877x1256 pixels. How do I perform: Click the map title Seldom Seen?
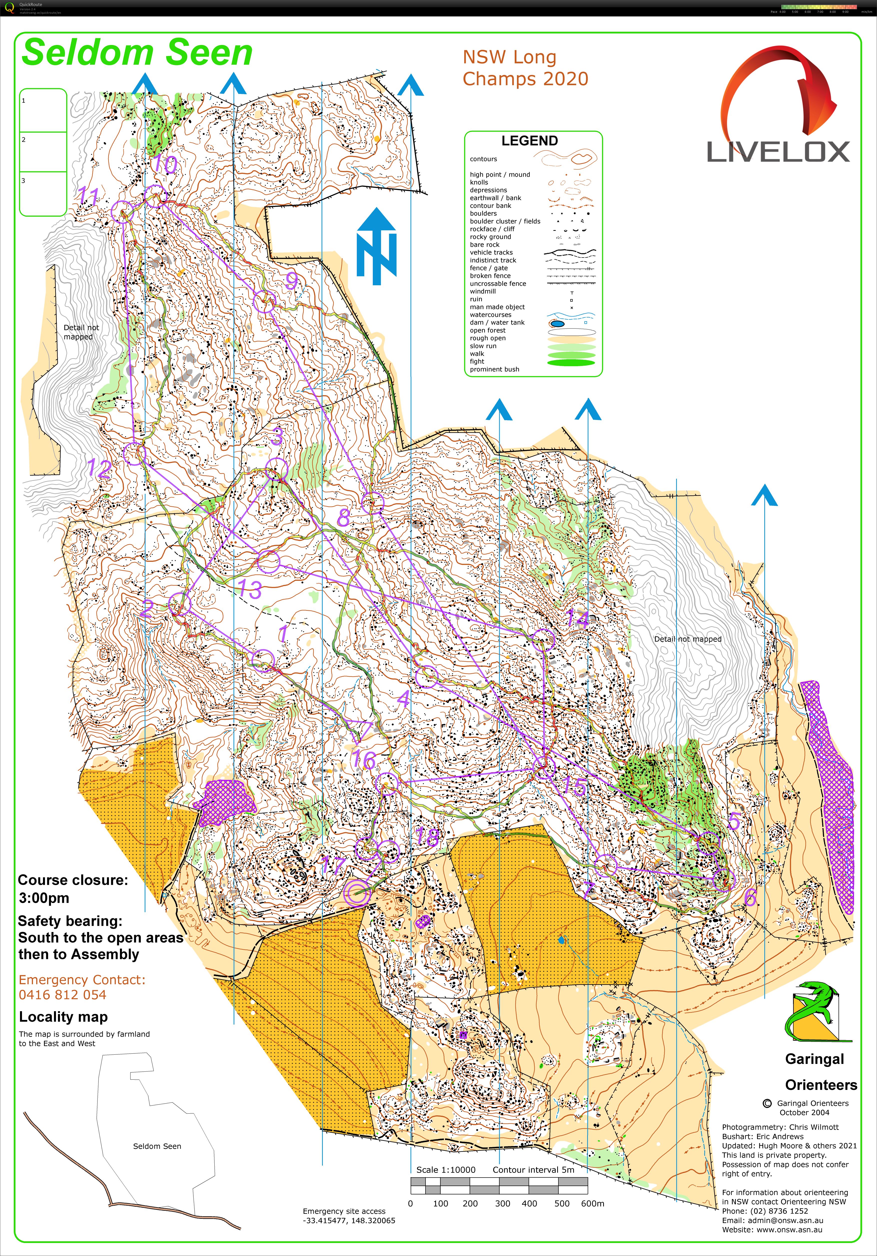[137, 53]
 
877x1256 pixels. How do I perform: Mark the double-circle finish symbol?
[357, 893]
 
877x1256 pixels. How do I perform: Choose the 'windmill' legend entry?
[482, 292]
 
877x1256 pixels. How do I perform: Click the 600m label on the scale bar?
[592, 1204]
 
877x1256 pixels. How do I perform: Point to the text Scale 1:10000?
[446, 1170]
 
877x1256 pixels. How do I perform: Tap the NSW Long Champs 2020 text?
[525, 68]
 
